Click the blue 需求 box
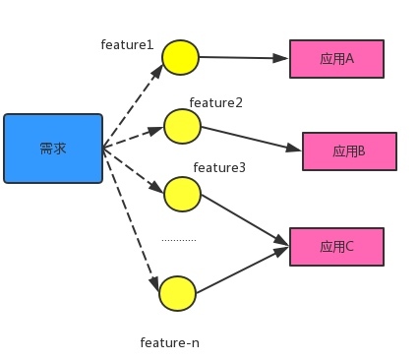click(53, 149)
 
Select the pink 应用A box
click(336, 59)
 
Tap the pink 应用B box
click(349, 151)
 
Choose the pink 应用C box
click(336, 247)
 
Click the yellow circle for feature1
click(180, 57)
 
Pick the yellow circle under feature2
click(182, 126)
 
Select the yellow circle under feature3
click(182, 194)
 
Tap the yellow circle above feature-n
click(177, 293)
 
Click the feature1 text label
click(127, 44)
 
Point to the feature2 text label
click(216, 102)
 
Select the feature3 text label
click(219, 167)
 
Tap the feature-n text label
click(170, 342)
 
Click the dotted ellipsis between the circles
click(179, 240)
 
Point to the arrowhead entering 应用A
click(280, 58)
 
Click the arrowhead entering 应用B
click(293, 149)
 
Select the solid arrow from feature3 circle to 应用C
click(245, 219)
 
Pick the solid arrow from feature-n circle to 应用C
click(243, 270)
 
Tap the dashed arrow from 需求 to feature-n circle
click(131, 220)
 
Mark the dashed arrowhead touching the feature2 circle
click(156, 131)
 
